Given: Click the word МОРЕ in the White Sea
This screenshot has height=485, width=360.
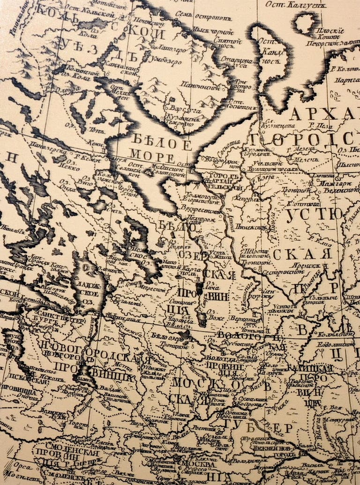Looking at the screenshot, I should click(152, 157).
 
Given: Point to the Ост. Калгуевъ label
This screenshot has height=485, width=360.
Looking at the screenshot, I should click(295, 5).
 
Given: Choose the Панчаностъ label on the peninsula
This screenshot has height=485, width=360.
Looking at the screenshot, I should click(205, 87).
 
